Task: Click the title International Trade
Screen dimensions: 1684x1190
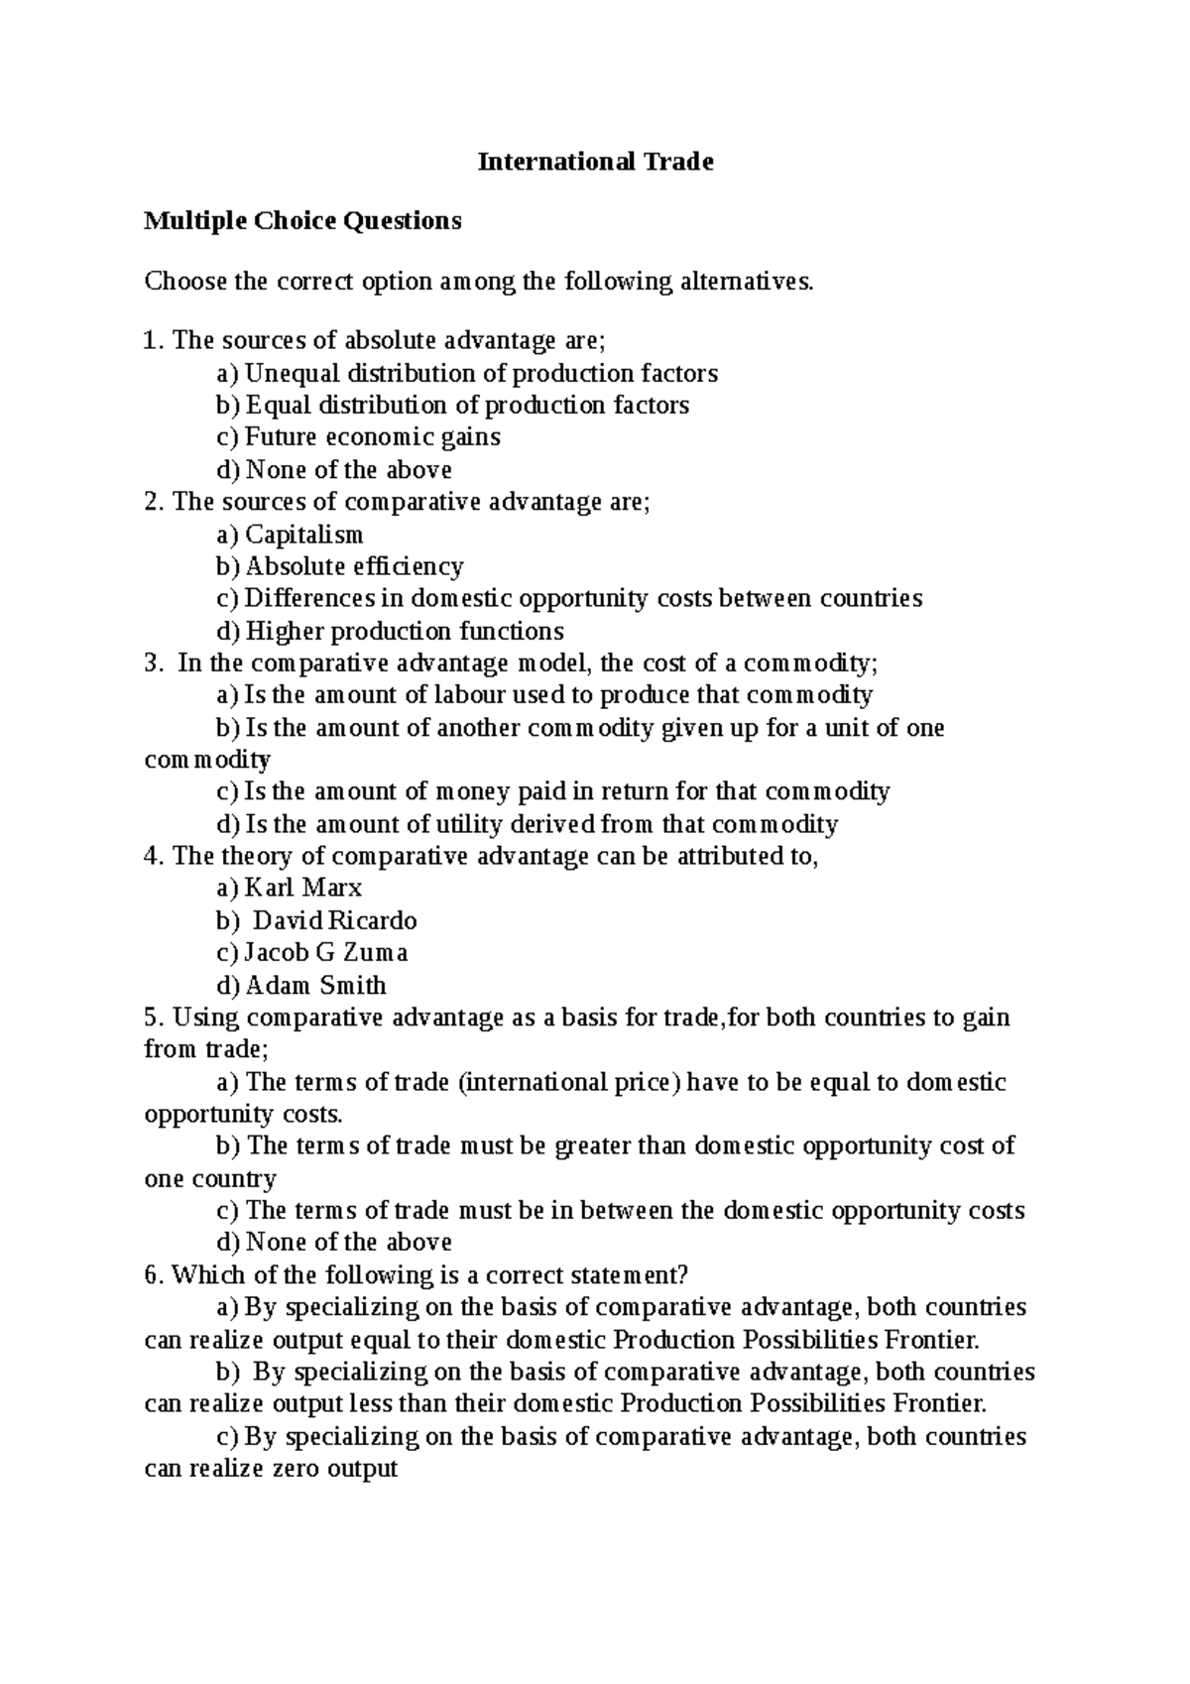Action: click(x=595, y=162)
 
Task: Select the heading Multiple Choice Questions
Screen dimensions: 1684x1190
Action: click(x=302, y=220)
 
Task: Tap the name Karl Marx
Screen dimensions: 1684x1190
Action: click(x=303, y=888)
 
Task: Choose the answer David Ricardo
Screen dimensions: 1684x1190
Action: click(x=335, y=920)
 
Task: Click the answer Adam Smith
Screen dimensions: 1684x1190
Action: click(x=315, y=986)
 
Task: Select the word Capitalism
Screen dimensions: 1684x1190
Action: click(x=303, y=536)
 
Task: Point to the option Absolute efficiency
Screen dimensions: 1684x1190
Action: click(x=354, y=567)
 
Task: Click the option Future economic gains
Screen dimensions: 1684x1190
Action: click(x=372, y=437)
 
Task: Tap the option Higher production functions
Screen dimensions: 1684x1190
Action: click(x=404, y=632)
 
